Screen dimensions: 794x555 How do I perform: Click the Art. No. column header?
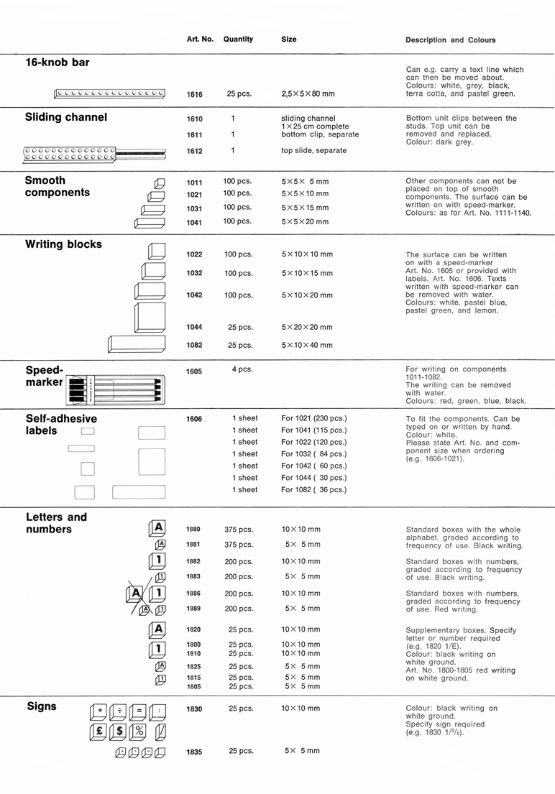click(x=200, y=40)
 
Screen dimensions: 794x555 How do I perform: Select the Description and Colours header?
click(x=450, y=40)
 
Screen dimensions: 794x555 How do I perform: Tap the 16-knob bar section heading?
click(x=58, y=63)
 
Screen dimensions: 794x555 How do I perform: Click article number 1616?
click(x=194, y=94)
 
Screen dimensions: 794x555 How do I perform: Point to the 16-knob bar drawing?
click(x=109, y=93)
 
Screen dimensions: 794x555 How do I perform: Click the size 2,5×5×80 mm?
click(x=308, y=94)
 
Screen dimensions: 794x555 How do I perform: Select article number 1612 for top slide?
click(x=194, y=151)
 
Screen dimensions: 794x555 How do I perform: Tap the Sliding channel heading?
click(x=66, y=118)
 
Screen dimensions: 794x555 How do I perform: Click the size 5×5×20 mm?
click(x=306, y=222)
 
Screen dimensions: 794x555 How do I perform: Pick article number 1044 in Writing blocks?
click(x=194, y=327)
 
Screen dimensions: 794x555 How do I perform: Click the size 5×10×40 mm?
click(x=306, y=346)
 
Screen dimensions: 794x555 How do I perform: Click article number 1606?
click(x=194, y=419)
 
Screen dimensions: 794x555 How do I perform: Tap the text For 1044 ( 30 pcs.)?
click(x=313, y=478)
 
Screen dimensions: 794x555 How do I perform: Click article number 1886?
click(x=193, y=594)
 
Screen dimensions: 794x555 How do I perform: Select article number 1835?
click(x=194, y=752)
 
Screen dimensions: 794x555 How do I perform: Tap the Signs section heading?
click(x=42, y=706)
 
